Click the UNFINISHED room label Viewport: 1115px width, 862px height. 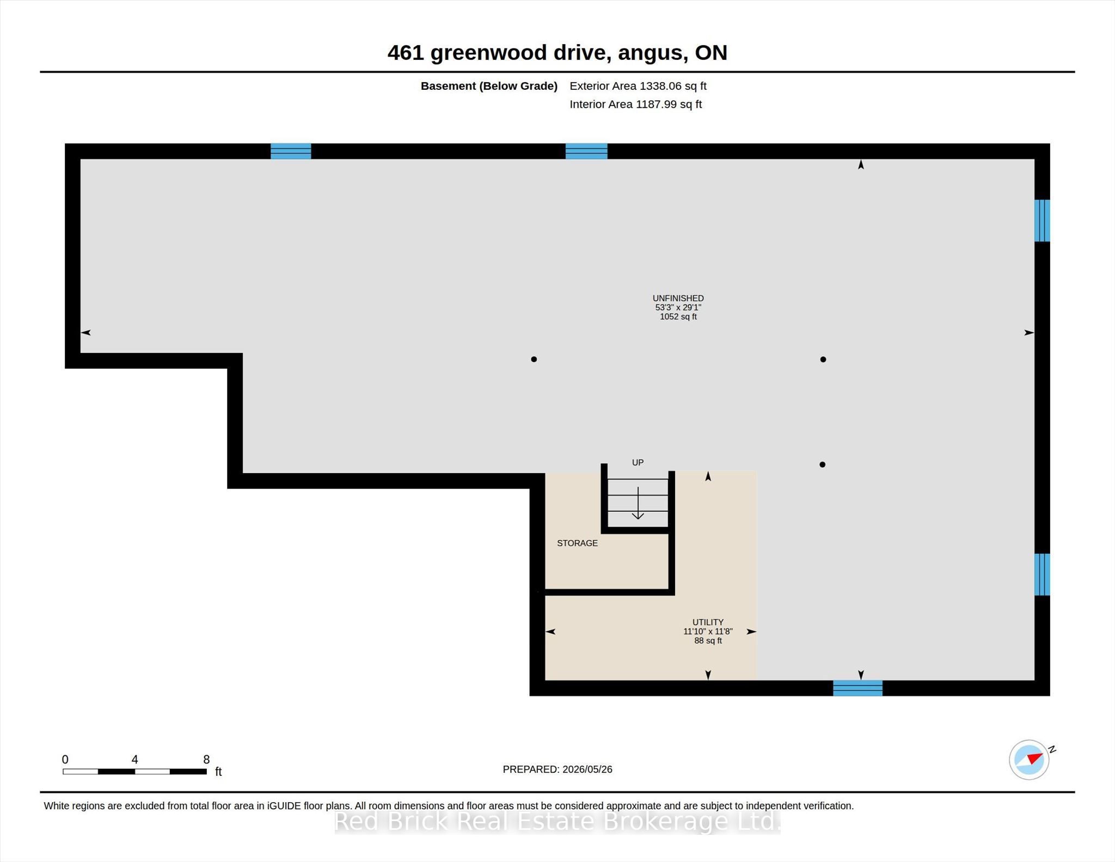click(x=678, y=298)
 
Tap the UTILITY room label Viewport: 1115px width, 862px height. click(x=708, y=622)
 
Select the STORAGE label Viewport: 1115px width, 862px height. click(x=577, y=543)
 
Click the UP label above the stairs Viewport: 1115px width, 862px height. click(x=638, y=462)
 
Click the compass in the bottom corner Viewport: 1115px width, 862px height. click(x=1029, y=760)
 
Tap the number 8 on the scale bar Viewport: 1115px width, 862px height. click(x=206, y=759)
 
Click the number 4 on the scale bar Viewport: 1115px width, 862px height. click(x=134, y=759)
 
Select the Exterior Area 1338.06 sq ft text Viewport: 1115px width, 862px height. click(x=638, y=86)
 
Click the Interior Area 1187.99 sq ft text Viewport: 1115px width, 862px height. click(x=635, y=104)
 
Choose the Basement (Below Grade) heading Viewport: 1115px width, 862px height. click(x=489, y=86)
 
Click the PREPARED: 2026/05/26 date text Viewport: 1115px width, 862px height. click(x=557, y=769)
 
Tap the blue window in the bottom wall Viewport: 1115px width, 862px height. click(x=857, y=688)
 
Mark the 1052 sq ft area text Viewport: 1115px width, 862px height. click(x=678, y=316)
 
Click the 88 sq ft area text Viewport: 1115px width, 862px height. click(x=708, y=640)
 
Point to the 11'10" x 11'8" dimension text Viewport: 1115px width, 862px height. click(x=708, y=631)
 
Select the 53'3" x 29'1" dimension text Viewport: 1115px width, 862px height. click(x=678, y=307)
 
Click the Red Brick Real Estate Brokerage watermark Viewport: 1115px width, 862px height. click(x=557, y=821)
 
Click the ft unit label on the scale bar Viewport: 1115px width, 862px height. click(x=218, y=771)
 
